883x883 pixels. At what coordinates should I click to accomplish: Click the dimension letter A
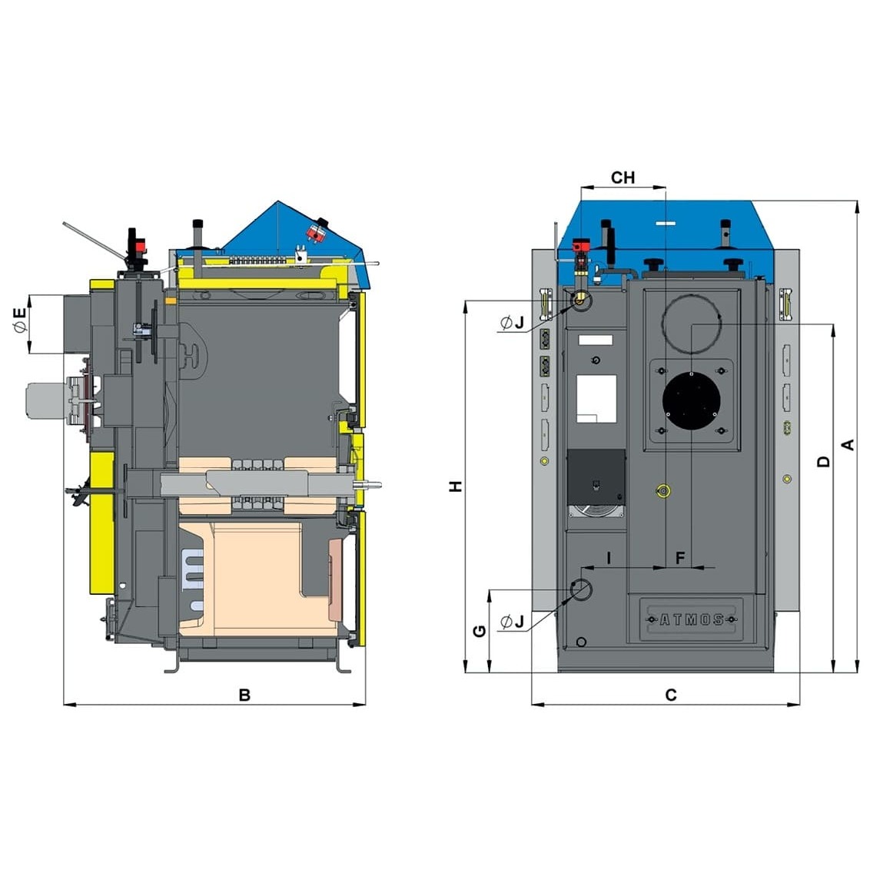pos(848,445)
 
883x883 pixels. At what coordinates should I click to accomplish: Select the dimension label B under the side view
pos(244,695)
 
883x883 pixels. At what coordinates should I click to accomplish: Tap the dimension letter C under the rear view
pos(671,695)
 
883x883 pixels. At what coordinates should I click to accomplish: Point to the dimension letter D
pos(823,462)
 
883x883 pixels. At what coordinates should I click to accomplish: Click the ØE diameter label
pos(20,320)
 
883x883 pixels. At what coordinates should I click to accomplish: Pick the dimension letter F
pos(680,558)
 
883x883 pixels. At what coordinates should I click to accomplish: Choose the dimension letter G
pos(480,631)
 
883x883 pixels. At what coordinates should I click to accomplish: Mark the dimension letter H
pos(456,486)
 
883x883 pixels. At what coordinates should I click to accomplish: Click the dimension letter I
pos(609,558)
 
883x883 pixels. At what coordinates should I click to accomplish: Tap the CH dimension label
pos(622,178)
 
